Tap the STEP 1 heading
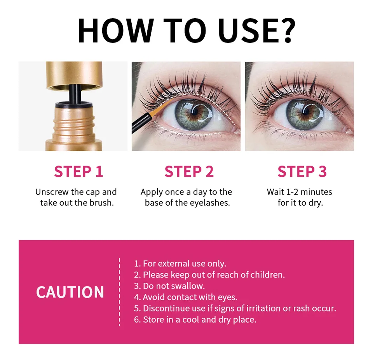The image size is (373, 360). click(78, 171)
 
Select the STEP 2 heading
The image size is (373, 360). click(189, 171)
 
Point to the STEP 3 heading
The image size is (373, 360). click(302, 171)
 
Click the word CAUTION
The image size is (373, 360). click(70, 292)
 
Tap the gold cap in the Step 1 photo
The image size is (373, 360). click(74, 76)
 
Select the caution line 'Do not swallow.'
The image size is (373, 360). click(169, 286)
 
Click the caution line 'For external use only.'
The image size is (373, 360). click(180, 264)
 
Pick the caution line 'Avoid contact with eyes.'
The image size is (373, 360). click(186, 297)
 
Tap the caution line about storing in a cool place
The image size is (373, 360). click(195, 320)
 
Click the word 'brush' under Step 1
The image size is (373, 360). click(101, 203)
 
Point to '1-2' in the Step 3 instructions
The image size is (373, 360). click(292, 192)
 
